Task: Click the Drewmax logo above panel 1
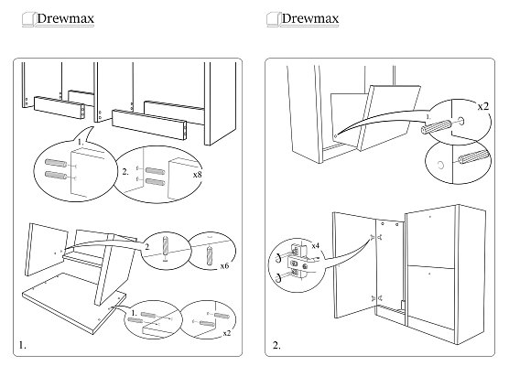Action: tap(58, 19)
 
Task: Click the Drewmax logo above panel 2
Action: tap(302, 19)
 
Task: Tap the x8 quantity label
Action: tap(198, 175)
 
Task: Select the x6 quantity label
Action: tap(224, 266)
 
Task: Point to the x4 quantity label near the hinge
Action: tap(316, 245)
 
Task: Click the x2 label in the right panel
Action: tap(483, 106)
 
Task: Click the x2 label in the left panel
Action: tap(227, 333)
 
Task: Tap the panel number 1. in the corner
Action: tap(22, 345)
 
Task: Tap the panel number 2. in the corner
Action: tap(276, 345)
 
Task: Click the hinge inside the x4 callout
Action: tap(297, 263)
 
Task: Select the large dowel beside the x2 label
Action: tap(436, 126)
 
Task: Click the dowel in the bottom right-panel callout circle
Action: tap(473, 157)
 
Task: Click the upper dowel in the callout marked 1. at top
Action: tap(56, 163)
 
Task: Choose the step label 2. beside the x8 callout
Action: tap(125, 172)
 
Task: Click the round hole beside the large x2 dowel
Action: tap(460, 121)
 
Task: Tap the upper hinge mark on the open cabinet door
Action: tap(376, 238)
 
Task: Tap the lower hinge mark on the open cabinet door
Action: tap(376, 298)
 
